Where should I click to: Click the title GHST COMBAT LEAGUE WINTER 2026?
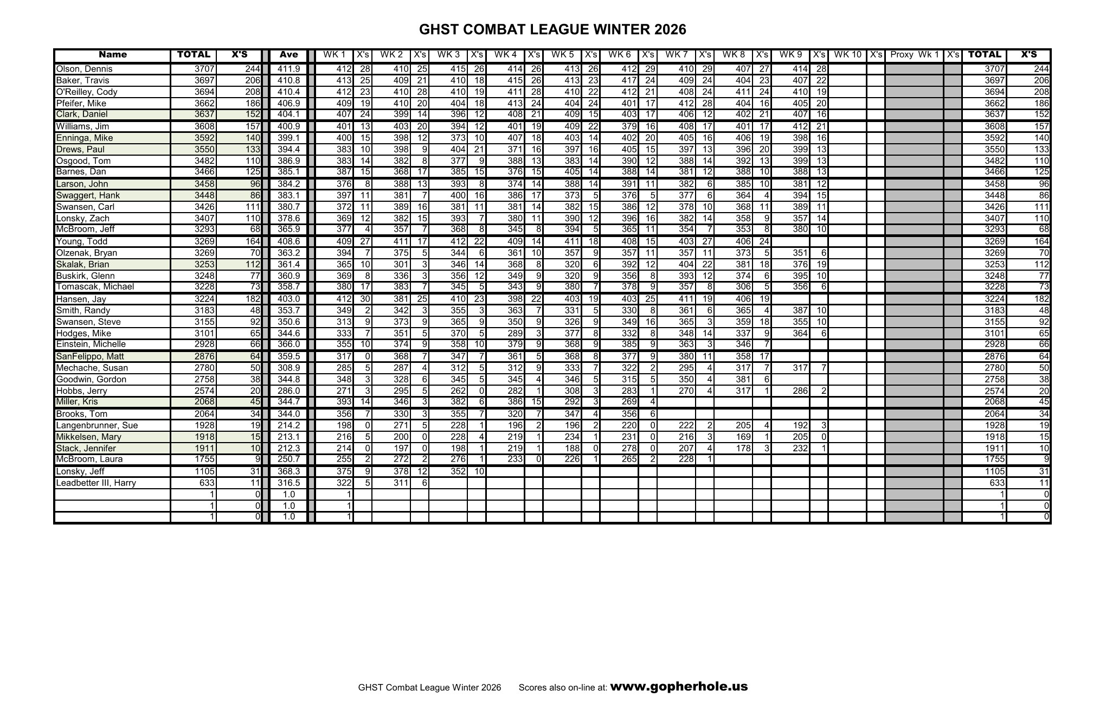552,29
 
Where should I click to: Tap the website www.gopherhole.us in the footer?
679,687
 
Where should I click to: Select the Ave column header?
288,55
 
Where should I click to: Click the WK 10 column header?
847,55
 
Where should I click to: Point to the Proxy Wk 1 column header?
914,55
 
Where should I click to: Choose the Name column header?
113,55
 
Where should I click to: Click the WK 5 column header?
562,55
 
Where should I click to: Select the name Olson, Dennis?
84,69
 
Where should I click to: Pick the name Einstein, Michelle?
91,344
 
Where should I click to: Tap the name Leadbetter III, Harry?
96,483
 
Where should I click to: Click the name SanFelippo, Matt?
90,356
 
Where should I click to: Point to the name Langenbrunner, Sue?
97,426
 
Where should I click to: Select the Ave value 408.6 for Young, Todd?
289,242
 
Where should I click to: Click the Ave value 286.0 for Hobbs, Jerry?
289,391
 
